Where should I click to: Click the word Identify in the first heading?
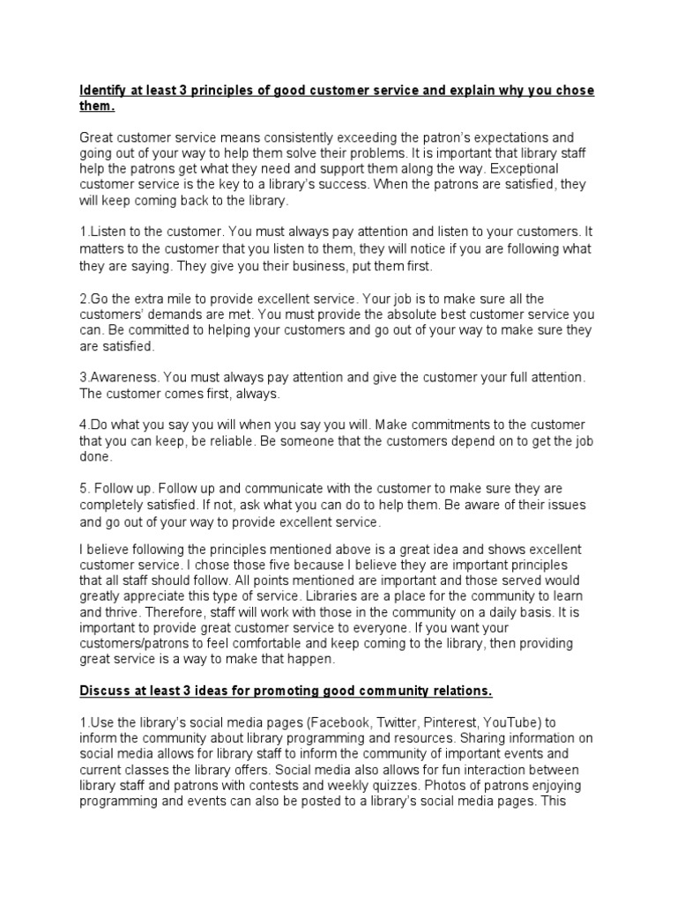[x=104, y=92]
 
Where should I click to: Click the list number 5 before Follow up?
[x=83, y=488]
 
